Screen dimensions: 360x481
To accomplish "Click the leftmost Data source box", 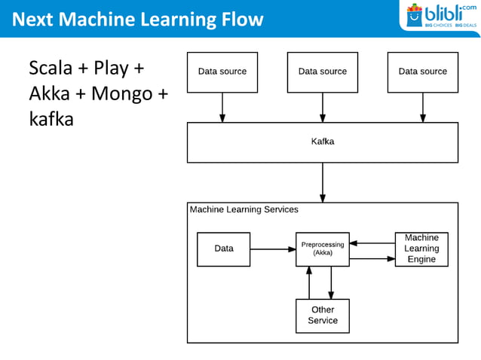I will click(222, 72).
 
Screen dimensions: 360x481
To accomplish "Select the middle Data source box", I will click(323, 72).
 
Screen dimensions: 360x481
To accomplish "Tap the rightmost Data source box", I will click(422, 72).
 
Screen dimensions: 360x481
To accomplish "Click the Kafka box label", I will click(323, 142).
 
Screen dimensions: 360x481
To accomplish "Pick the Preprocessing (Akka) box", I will click(323, 249).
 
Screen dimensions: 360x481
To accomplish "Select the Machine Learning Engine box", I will click(421, 249).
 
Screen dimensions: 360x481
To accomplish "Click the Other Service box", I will click(323, 316).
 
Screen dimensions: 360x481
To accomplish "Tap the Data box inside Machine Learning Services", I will click(224, 249).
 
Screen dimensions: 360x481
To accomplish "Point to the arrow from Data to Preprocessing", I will click(272, 249).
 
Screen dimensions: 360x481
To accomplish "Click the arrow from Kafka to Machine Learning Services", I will click(323, 182).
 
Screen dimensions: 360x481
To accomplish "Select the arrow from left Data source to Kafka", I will click(222, 107).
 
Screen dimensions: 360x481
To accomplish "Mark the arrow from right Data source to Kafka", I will click(422, 107).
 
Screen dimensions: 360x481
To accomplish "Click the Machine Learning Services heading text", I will click(244, 210).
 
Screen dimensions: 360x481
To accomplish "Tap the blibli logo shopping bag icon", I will click(414, 16).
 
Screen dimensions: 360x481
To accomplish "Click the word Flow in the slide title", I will click(239, 19).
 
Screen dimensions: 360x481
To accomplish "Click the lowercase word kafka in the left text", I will click(51, 119).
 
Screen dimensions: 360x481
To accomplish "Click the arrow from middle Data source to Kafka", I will click(323, 107).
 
